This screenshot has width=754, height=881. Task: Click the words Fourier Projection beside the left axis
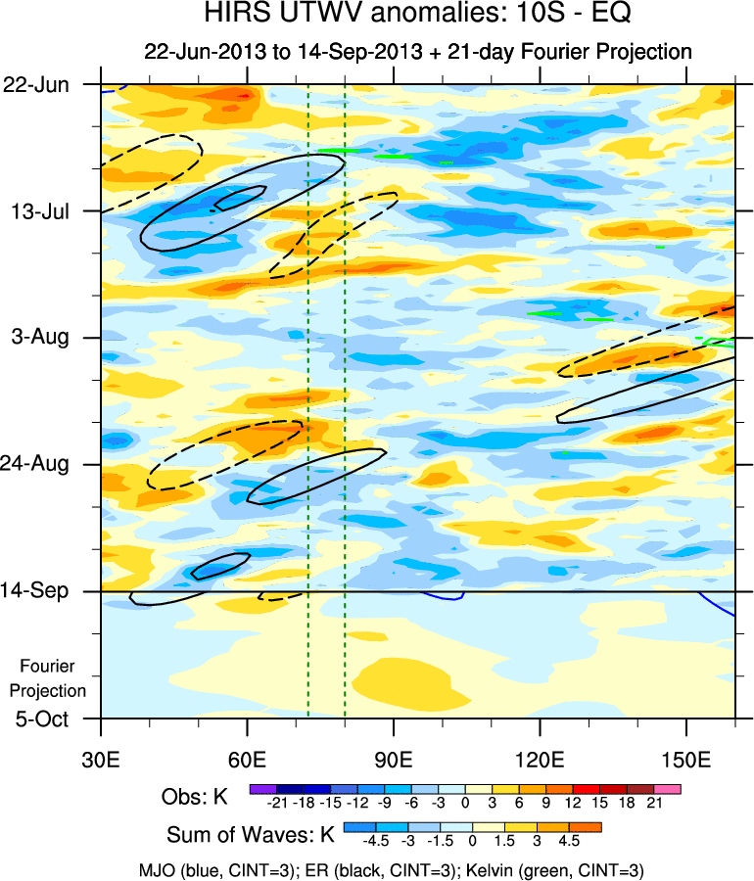tap(54, 677)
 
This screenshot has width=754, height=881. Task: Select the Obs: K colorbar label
tap(194, 797)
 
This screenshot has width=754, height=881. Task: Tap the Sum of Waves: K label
tap(251, 835)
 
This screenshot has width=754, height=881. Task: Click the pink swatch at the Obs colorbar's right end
tap(668, 787)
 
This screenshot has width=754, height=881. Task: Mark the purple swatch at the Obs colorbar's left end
tap(261, 787)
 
